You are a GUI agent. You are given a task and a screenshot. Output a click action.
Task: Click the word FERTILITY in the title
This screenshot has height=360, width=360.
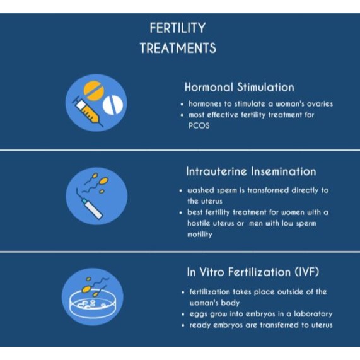click(x=178, y=28)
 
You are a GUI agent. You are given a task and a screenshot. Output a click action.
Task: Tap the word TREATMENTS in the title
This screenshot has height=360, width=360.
click(x=178, y=48)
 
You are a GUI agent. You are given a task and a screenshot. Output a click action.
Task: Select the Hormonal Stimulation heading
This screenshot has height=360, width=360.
click(x=239, y=87)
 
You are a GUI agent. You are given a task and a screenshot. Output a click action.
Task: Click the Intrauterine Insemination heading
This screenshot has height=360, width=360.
click(x=251, y=171)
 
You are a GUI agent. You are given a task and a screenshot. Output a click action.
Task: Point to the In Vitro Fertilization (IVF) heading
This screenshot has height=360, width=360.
click(x=253, y=272)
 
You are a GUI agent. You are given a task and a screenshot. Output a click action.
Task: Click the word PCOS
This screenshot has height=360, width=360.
click(x=199, y=126)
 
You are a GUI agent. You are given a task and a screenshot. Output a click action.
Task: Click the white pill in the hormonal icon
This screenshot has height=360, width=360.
click(x=113, y=105)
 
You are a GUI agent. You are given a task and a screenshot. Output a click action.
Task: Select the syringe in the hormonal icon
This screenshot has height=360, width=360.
click(x=88, y=112)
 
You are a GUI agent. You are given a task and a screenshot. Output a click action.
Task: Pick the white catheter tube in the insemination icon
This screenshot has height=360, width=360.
click(x=93, y=209)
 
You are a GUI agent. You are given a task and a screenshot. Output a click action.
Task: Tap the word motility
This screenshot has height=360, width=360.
click(x=199, y=235)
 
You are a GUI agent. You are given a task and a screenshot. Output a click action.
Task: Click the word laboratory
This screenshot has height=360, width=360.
click(x=313, y=314)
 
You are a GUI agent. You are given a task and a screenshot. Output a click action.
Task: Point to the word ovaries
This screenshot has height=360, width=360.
click(x=320, y=104)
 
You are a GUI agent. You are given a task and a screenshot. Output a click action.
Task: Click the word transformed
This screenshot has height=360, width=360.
click(x=268, y=190)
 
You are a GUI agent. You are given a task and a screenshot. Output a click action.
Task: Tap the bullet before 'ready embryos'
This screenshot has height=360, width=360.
click(x=183, y=325)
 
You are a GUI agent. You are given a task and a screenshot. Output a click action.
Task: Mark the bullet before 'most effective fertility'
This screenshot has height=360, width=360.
click(x=182, y=115)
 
